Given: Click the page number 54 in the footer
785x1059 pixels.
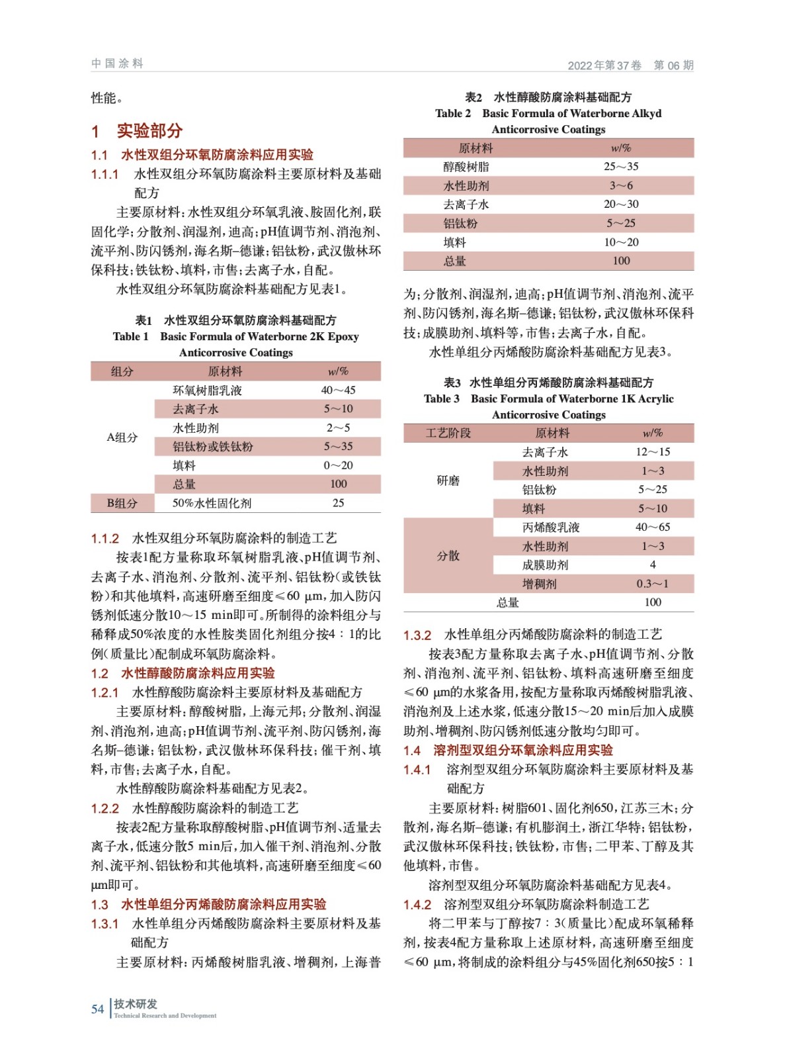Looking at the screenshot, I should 97,1009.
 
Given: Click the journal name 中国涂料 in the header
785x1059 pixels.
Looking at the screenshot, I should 117,64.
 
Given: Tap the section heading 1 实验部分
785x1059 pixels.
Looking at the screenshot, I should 137,130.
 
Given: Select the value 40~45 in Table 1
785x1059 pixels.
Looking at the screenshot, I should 338,391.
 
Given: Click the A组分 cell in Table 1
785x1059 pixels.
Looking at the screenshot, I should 122,437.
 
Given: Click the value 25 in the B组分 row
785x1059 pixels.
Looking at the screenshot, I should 338,503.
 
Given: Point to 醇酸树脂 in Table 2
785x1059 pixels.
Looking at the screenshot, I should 466,167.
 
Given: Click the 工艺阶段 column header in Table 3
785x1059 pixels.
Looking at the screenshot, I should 448,433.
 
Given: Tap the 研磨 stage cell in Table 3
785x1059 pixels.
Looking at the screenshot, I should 448,481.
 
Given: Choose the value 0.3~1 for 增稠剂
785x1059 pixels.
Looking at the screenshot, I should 652,584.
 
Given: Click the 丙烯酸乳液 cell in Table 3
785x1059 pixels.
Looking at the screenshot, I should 550,528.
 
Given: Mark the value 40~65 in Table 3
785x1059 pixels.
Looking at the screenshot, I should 652,528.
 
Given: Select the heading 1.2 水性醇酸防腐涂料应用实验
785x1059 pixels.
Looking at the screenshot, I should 183,673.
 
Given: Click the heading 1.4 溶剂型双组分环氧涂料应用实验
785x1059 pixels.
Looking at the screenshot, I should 508,750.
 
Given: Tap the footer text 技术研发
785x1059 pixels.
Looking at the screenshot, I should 135,1003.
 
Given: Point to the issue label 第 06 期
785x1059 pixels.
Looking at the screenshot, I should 673,65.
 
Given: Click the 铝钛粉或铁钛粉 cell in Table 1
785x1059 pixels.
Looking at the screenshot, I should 212,447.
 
